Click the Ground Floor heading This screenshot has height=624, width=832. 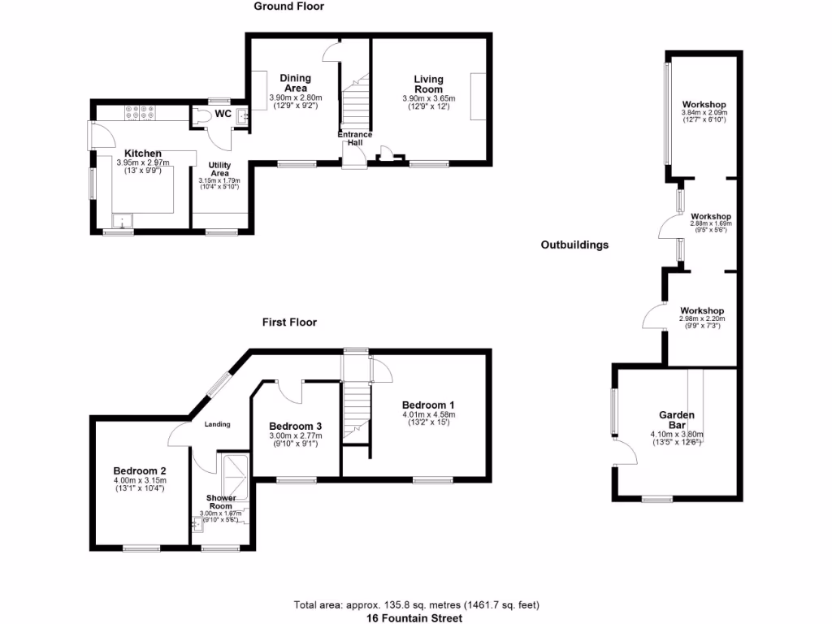(x=288, y=6)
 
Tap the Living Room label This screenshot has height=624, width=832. (x=428, y=84)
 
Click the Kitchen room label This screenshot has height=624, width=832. (x=142, y=154)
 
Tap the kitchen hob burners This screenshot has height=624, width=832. (x=140, y=115)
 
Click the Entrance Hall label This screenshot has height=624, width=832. (x=355, y=138)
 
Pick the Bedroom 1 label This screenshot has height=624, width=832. (x=428, y=405)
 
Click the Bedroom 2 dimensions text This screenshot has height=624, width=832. (x=140, y=484)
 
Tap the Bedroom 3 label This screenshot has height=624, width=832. (x=295, y=427)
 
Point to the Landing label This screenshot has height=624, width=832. (x=217, y=424)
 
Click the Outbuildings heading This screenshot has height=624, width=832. (x=574, y=245)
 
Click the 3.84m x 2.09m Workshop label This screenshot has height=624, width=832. (x=704, y=105)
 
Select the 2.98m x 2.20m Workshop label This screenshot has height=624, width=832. (x=702, y=311)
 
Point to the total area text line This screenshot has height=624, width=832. (x=416, y=604)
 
